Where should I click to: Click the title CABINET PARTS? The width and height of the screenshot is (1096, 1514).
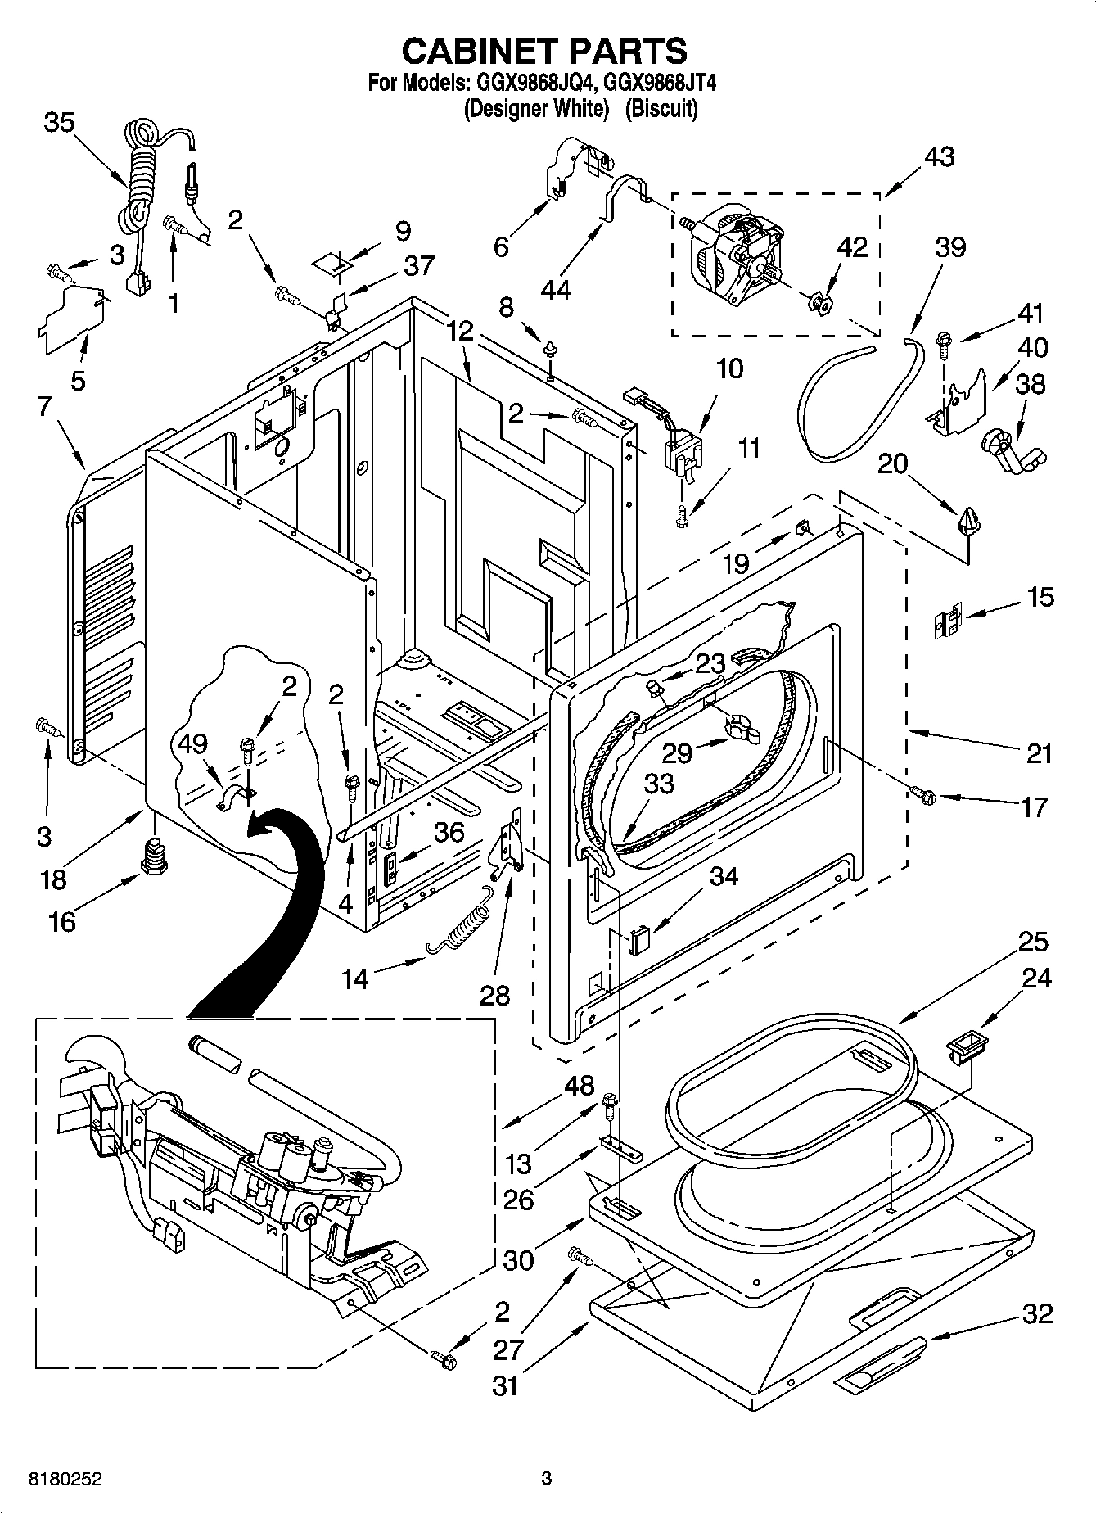tap(545, 51)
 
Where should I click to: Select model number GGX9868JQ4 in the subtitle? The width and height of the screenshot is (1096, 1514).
tap(530, 83)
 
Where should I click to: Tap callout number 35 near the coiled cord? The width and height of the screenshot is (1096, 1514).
tap(59, 123)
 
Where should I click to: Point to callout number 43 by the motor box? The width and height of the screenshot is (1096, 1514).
tap(939, 156)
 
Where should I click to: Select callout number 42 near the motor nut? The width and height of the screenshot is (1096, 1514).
tap(851, 246)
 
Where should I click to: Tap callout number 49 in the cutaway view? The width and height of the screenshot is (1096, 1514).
tap(193, 743)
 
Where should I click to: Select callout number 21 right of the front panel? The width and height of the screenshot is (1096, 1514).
tap(1039, 752)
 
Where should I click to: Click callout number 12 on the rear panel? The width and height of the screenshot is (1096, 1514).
tap(460, 331)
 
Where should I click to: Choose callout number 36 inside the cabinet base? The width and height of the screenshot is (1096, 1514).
tap(448, 833)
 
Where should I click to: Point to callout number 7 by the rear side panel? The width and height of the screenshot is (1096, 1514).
tap(43, 405)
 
